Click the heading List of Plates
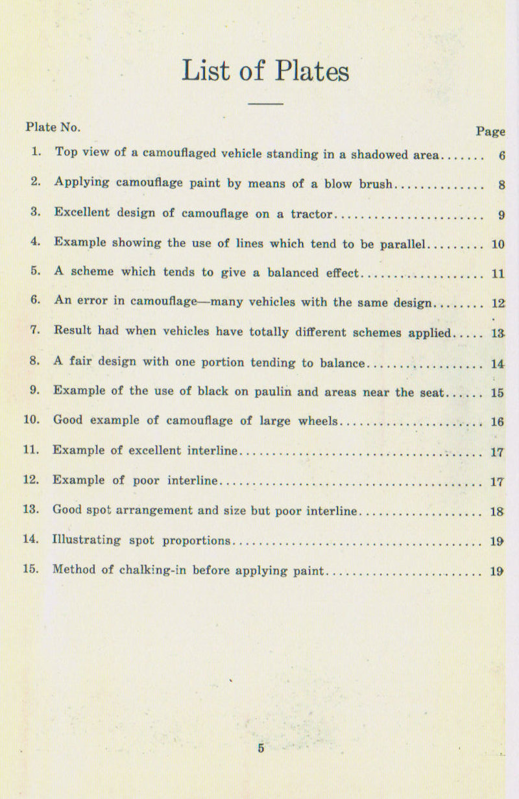[x=265, y=71]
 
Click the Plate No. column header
[x=53, y=127]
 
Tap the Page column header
[x=490, y=132]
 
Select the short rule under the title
[x=265, y=104]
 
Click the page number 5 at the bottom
[x=261, y=748]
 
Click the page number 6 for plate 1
[x=501, y=156]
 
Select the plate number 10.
[x=31, y=420]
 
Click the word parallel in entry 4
[x=402, y=244]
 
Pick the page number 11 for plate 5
[x=498, y=274]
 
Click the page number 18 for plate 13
[x=498, y=512]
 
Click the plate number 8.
[x=34, y=361]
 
